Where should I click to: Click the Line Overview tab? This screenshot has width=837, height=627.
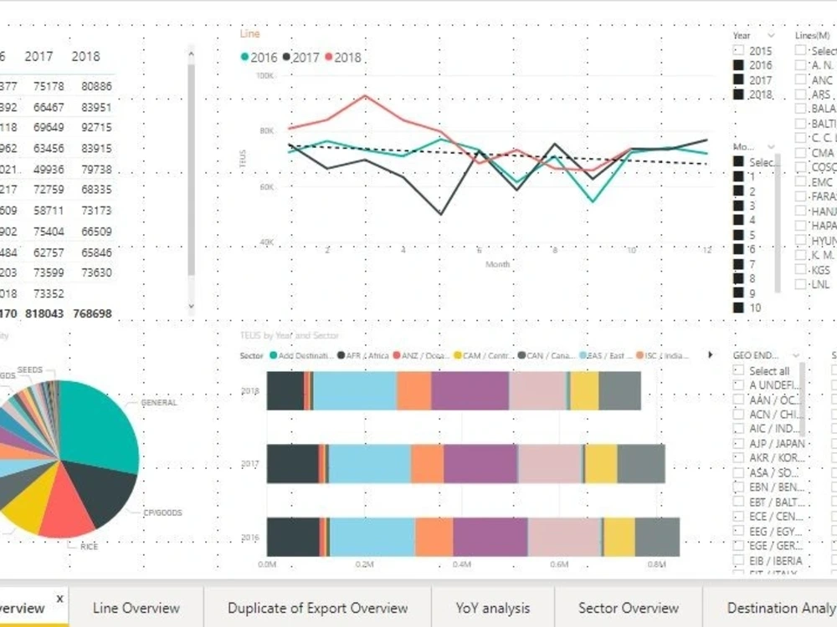click(136, 608)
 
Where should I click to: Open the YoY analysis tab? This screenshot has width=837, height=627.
click(493, 608)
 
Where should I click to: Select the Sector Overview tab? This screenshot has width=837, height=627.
click(628, 608)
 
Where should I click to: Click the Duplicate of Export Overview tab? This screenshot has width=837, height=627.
click(317, 608)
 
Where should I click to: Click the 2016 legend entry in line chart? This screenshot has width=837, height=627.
click(259, 58)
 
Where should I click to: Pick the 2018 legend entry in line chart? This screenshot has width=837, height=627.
click(343, 58)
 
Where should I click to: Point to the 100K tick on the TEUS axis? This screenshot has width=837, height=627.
click(264, 75)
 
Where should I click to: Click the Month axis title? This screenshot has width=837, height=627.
click(498, 264)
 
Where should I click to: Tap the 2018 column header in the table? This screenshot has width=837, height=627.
click(85, 56)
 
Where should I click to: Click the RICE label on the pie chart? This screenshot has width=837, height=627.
click(89, 546)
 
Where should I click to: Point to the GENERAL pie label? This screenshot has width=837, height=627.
click(159, 403)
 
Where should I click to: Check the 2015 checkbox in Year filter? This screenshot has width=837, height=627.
click(738, 51)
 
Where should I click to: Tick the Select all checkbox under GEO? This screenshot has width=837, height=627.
click(738, 370)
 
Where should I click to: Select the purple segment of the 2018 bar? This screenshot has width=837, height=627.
click(470, 390)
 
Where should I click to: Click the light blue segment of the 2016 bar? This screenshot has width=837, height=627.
click(372, 537)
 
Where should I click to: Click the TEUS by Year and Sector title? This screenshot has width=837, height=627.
click(290, 336)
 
